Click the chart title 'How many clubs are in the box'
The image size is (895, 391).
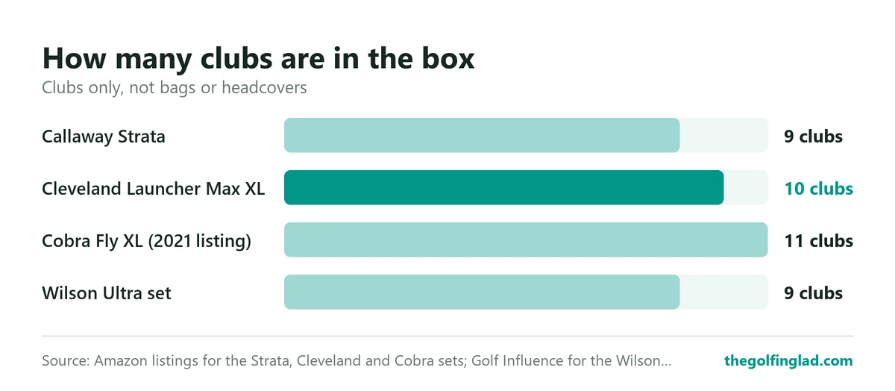click(258, 58)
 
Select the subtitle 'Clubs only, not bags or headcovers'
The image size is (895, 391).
click(175, 88)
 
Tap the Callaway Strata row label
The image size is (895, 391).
click(104, 137)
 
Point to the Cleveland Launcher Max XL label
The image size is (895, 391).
click(154, 189)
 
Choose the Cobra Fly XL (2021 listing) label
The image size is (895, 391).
click(147, 241)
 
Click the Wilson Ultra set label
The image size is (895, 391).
click(107, 293)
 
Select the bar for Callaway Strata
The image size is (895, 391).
click(482, 135)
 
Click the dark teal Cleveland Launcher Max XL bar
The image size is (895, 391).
click(504, 187)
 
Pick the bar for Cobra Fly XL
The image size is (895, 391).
click(526, 240)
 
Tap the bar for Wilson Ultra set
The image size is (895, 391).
click(482, 292)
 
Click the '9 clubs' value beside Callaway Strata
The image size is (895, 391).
click(813, 137)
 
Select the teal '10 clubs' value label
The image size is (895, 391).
click(819, 189)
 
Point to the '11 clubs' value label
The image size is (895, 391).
click(819, 241)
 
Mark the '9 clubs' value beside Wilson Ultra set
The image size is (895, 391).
click(813, 293)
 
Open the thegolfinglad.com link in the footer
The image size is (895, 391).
click(789, 360)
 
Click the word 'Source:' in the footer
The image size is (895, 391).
click(66, 360)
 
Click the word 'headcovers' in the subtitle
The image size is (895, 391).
click(264, 87)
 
